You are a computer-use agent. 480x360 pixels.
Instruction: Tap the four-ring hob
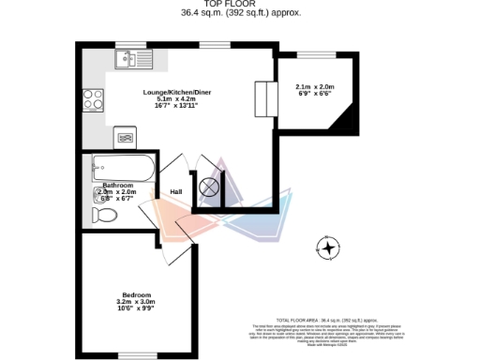93,99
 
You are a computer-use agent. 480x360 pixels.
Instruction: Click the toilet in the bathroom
104,216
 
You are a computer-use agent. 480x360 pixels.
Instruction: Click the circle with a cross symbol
209,187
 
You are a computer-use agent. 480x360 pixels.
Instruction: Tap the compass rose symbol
328,248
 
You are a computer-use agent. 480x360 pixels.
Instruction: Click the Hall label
175,192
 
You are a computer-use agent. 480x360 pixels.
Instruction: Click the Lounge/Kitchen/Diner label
171,92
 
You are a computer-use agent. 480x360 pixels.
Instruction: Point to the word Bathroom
119,185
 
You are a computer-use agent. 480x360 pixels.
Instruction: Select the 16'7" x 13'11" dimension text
171,106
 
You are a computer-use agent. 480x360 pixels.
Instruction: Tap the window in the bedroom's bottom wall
131,354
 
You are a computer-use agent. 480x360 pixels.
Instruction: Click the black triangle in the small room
348,120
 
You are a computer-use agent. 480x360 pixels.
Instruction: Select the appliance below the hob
125,137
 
